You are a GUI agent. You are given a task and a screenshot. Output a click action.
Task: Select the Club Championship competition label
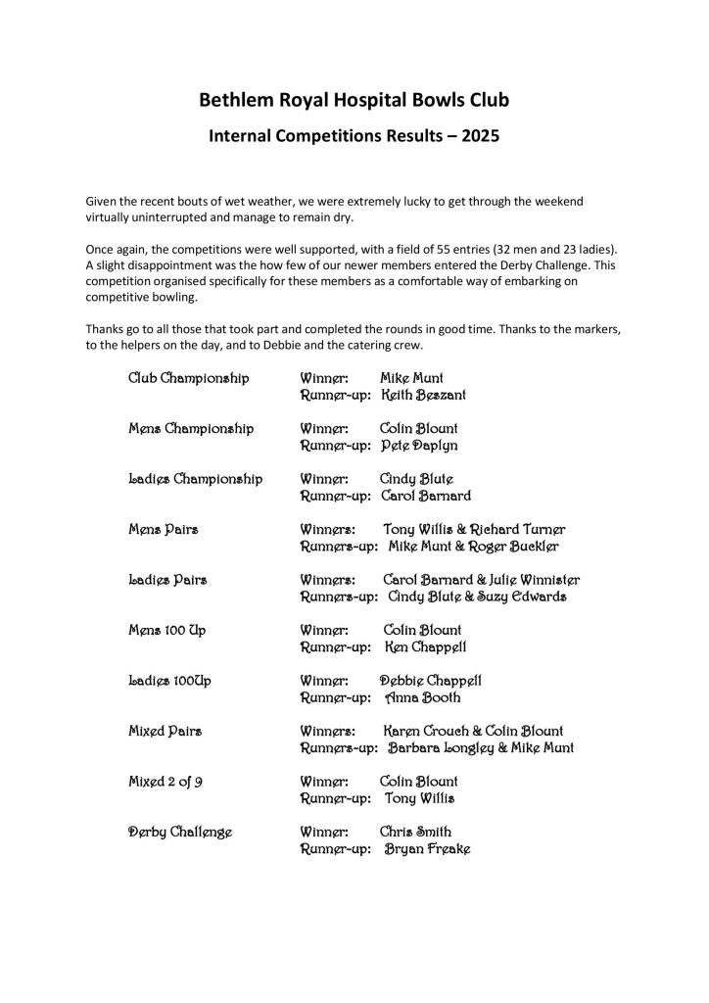(189, 377)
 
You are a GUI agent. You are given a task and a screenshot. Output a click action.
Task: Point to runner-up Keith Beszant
(424, 395)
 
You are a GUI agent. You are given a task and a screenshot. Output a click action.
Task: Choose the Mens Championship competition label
(191, 428)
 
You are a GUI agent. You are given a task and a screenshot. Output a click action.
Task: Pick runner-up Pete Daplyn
(419, 446)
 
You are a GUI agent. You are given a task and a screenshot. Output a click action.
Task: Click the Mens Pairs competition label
(164, 530)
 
